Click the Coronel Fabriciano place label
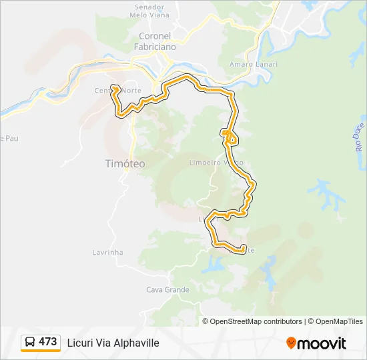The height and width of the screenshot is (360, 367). coord(155,41)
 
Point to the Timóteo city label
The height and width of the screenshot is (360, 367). coord(125,163)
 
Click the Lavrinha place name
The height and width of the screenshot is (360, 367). coord(107,253)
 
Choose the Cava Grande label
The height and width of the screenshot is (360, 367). coord(167,290)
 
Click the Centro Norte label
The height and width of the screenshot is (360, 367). coord(117,91)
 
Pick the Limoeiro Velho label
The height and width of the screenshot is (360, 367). coord(216,163)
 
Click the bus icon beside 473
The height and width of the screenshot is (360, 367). coord(31,342)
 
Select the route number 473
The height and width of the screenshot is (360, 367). coord(48,342)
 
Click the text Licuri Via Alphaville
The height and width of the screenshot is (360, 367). coord(113,343)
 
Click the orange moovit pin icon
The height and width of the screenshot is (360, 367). coord(291,343)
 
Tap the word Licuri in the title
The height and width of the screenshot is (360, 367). coord(79,343)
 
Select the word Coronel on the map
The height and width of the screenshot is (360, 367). coord(155,36)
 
